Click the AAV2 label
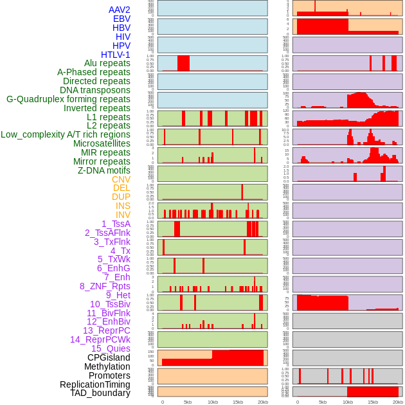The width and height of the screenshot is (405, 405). click(x=120, y=10)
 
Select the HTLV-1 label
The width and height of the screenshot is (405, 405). click(x=116, y=55)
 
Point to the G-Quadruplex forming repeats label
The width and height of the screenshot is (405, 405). click(x=68, y=99)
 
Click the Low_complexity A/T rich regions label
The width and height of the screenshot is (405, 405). click(x=66, y=134)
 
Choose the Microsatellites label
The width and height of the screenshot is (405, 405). click(x=102, y=143)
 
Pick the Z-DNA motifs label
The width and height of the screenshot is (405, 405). click(x=104, y=170)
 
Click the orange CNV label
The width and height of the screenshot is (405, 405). click(x=121, y=179)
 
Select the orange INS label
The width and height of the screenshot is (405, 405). click(x=123, y=206)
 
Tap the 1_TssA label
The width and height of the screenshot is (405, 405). click(x=116, y=224)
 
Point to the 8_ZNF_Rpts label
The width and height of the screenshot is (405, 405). click(x=105, y=286)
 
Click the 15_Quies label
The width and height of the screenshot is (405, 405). click(x=111, y=348)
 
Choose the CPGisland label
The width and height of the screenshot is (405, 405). click(x=109, y=357)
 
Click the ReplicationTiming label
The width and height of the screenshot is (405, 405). click(x=95, y=384)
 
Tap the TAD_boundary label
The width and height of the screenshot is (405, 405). click(x=100, y=393)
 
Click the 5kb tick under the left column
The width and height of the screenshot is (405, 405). click(x=188, y=402)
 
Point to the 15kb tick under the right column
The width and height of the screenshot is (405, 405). click(x=373, y=402)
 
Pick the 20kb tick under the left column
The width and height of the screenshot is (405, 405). click(x=263, y=402)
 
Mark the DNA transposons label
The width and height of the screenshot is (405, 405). click(x=95, y=90)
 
